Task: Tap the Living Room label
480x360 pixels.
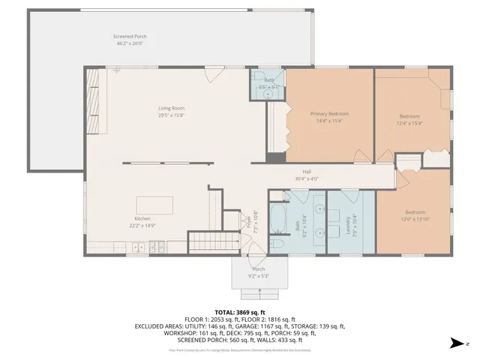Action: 171,108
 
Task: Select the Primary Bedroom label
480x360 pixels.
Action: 330,114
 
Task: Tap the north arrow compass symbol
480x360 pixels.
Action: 457,343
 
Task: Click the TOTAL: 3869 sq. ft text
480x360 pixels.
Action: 240,312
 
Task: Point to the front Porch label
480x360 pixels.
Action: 258,268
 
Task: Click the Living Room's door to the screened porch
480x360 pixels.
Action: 214,73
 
